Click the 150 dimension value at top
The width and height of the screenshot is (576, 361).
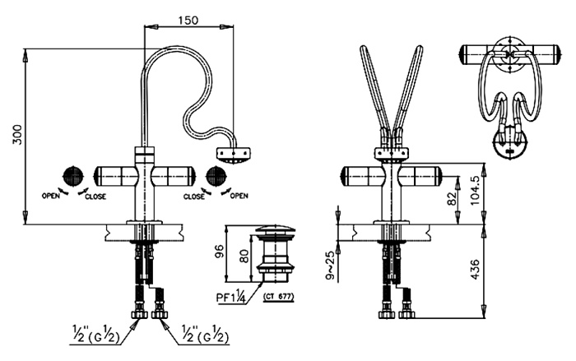click(188, 20)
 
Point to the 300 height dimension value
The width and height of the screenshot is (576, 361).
click(17, 135)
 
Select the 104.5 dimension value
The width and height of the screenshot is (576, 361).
click(475, 190)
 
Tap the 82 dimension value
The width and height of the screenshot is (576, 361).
click(452, 199)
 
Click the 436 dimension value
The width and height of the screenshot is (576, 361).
click(475, 269)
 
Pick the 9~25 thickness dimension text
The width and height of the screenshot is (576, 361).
click(330, 265)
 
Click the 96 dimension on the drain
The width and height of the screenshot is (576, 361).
click(220, 252)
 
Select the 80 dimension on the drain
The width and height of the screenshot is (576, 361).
click(244, 256)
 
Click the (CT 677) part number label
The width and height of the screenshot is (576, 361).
click(279, 297)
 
